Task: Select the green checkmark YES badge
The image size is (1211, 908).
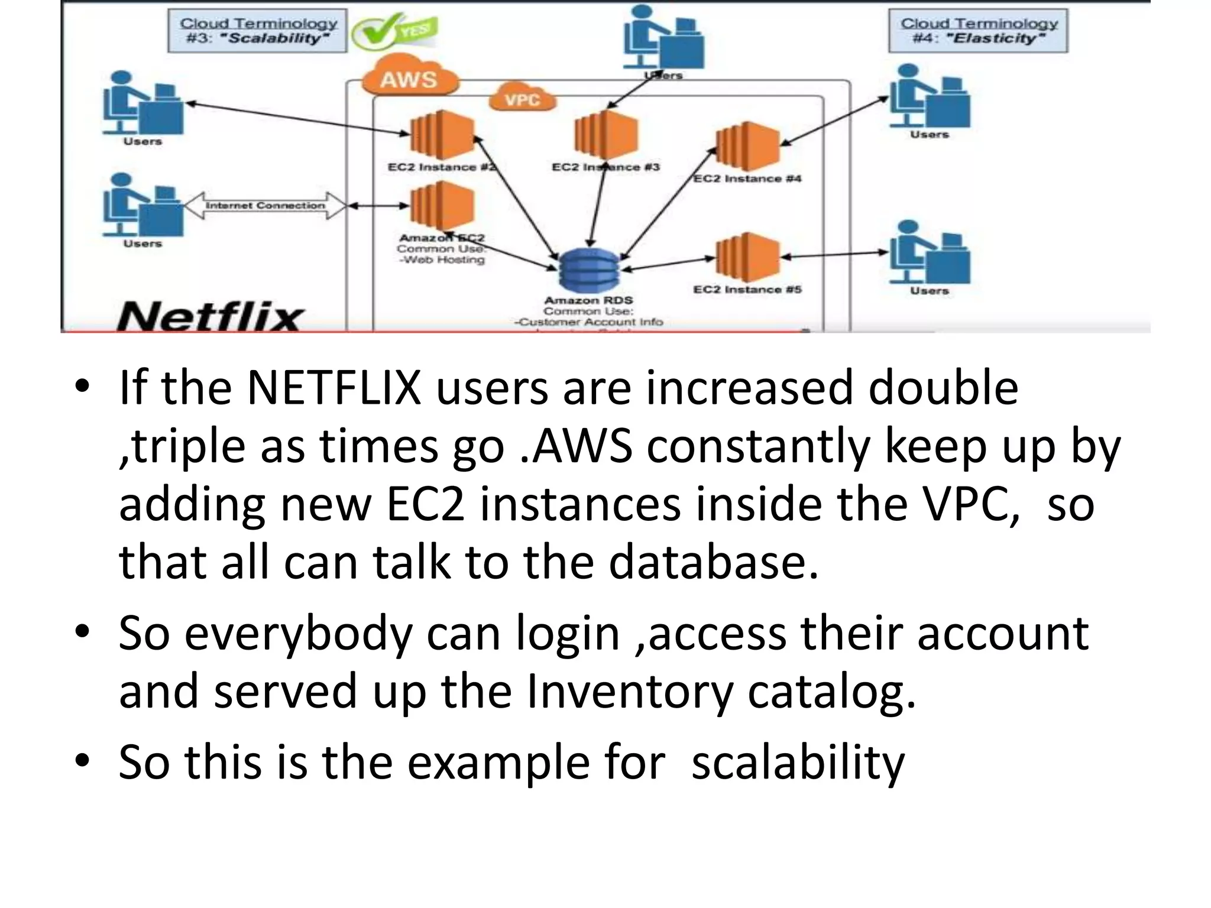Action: (395, 33)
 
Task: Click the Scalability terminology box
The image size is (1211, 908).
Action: (258, 31)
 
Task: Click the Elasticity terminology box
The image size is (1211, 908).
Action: (978, 31)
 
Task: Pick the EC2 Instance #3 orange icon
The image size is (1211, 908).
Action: (606, 135)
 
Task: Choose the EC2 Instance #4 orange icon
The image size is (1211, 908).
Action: (747, 145)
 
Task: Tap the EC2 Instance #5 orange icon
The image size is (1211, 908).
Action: (747, 257)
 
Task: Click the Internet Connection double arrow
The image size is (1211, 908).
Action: (265, 206)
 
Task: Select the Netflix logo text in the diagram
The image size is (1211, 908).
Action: (211, 317)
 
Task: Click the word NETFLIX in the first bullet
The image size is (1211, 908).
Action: (334, 388)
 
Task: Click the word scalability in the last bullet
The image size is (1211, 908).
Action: (798, 762)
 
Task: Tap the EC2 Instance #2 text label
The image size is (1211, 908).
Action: (441, 167)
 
